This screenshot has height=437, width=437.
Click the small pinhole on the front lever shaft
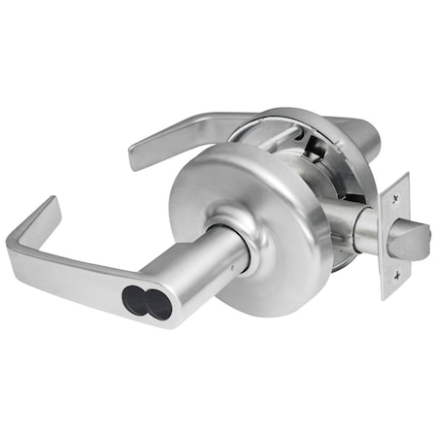click(x=236, y=258)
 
